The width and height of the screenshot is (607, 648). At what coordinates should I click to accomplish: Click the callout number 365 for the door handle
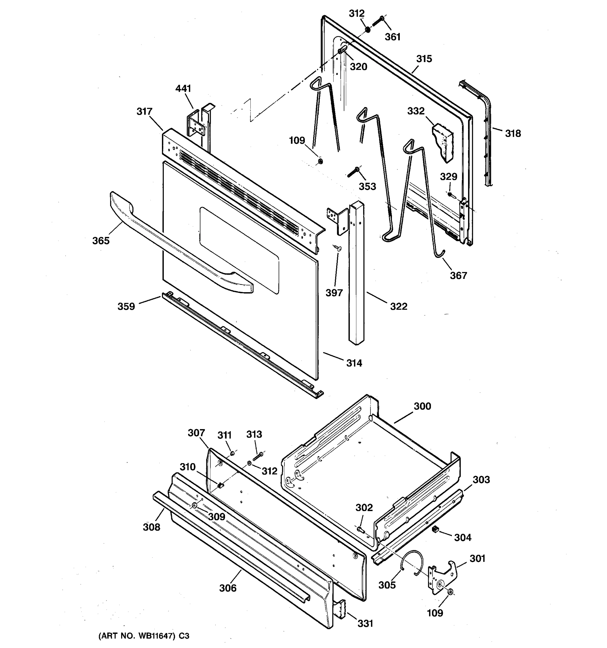pos(101,241)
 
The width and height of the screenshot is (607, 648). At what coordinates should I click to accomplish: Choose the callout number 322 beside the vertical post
pos(398,306)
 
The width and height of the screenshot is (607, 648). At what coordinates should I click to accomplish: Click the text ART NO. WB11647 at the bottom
pos(143,636)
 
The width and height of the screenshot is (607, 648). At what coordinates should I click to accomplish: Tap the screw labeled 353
pos(353,172)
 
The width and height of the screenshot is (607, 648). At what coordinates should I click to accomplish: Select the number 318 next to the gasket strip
pos(513,133)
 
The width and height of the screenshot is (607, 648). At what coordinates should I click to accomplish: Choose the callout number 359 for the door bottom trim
pos(126,306)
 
